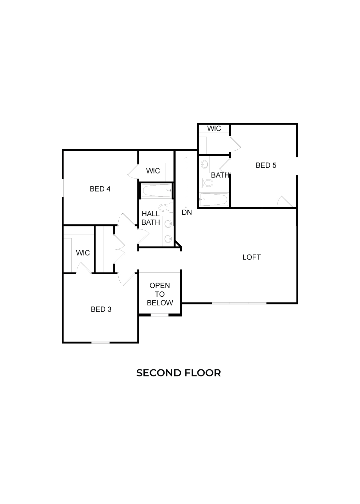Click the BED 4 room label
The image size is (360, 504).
100,189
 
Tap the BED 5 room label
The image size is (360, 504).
266,165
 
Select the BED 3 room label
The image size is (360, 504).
101,309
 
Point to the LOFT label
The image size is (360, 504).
251,257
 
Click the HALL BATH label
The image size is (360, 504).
151,218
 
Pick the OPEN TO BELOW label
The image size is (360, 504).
160,294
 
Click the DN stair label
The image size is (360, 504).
187,212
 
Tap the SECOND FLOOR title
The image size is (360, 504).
178,373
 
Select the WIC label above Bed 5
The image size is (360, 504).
214,129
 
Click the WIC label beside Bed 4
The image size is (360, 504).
153,171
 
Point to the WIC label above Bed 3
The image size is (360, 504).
83,253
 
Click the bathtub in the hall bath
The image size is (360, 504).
157,191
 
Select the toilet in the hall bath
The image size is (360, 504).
164,208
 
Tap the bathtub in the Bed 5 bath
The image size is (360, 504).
214,200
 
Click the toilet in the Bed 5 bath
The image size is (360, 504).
207,183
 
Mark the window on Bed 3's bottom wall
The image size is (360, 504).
101,342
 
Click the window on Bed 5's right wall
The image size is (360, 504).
297,166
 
